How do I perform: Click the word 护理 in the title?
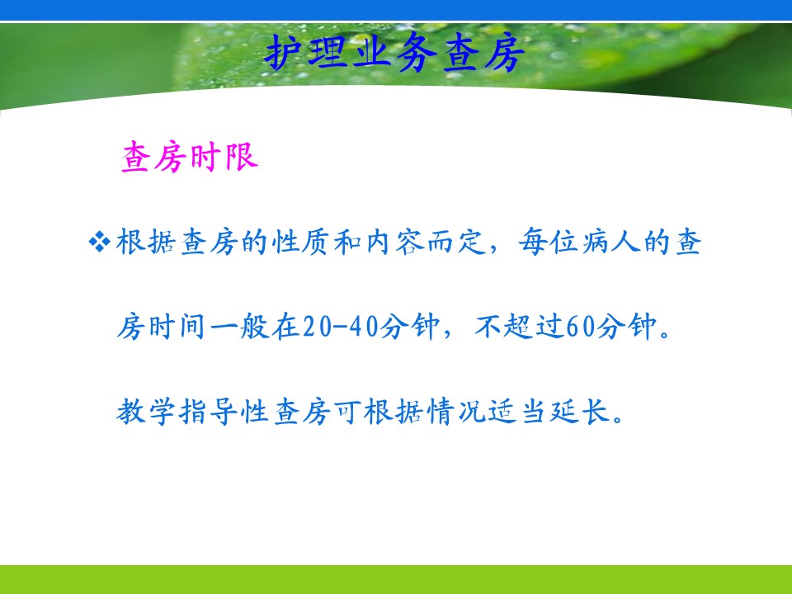(308, 52)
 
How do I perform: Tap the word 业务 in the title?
(394, 52)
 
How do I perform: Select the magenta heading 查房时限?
(190, 157)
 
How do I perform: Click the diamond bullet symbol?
(100, 241)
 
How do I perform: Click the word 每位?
(549, 242)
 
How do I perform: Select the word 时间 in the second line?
(177, 327)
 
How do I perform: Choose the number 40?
(365, 327)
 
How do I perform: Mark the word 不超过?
(519, 327)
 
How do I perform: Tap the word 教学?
(146, 412)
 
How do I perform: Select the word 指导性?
(224, 412)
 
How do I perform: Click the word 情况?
(458, 412)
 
